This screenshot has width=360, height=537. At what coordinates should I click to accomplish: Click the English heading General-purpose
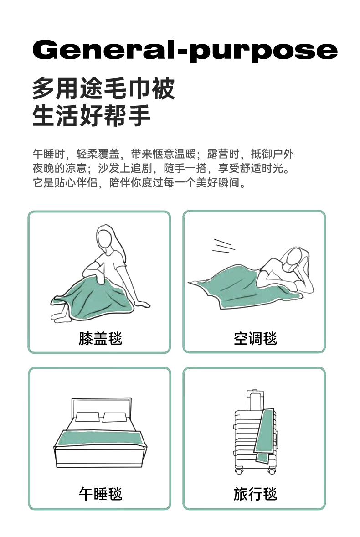click(x=185, y=51)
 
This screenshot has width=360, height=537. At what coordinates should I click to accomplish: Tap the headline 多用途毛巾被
click(x=103, y=88)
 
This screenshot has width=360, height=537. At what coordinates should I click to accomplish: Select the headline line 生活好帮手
click(x=92, y=115)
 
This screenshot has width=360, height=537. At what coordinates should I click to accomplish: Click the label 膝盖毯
click(x=100, y=338)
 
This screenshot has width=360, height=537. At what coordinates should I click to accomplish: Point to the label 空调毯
click(x=255, y=338)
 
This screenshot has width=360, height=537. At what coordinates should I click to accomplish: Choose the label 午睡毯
click(x=100, y=494)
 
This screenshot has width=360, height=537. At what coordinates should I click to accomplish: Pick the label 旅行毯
click(x=255, y=494)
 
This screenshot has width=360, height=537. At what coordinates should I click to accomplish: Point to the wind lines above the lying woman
click(x=223, y=246)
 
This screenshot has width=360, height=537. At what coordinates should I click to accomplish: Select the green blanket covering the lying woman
click(x=236, y=287)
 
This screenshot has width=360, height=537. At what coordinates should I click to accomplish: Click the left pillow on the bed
click(x=87, y=417)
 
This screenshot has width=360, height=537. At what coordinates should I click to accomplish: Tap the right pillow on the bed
click(x=115, y=417)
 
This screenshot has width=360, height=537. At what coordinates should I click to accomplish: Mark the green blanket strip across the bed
click(x=100, y=438)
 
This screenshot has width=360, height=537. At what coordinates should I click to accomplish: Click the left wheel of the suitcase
click(x=239, y=471)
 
